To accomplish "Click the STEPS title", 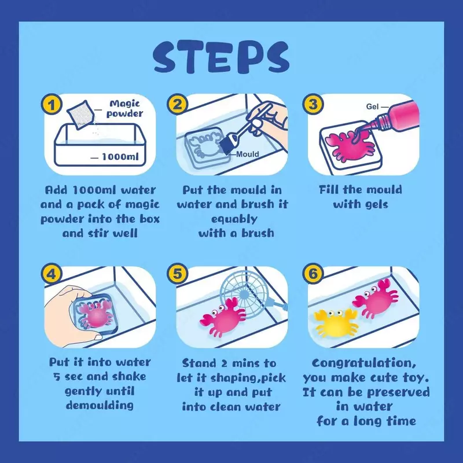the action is pos(221,57).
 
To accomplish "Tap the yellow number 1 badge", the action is pos(52,105).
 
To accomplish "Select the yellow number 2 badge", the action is pos(177,105).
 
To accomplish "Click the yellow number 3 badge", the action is pos(313,105).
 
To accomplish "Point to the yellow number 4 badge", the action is pos(52,274).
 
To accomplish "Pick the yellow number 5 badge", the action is pos(177,274).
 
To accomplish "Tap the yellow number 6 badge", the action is pos(313,274).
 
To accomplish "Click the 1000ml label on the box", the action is pos(120,156).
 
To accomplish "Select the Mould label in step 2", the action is pos(248,154).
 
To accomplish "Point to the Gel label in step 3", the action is pos(372,106).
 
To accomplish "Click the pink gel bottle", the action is pos(393,118).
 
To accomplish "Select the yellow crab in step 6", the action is pos(335,322).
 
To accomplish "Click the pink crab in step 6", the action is pos(376,298).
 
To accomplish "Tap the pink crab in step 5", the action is pos(223,317).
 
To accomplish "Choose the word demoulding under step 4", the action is pos(100,405).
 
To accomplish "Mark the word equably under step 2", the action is pos(234,219).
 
